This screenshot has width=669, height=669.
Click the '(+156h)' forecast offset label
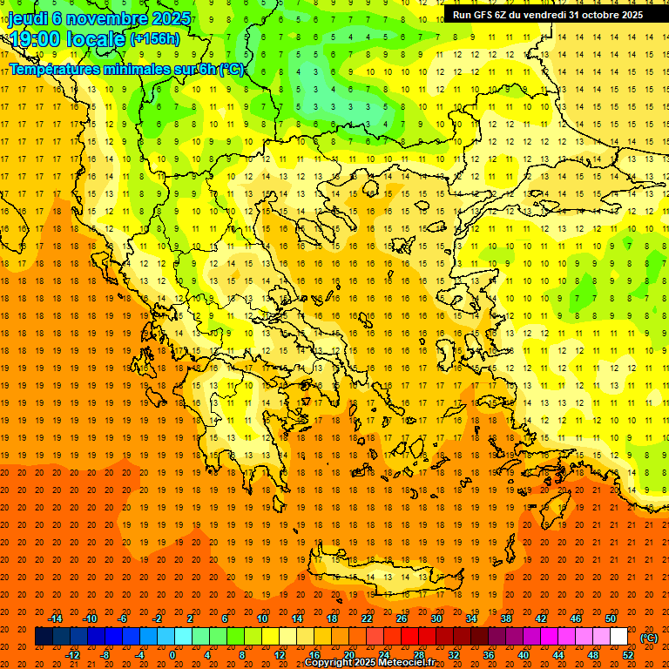click(x=155, y=39)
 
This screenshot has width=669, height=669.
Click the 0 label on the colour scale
click(x=172, y=655)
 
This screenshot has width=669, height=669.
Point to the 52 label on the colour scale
click(x=628, y=655)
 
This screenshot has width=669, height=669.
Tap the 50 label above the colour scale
click(x=611, y=618)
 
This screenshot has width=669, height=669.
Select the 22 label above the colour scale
click(x=366, y=618)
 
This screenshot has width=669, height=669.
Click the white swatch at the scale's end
click(x=619, y=637)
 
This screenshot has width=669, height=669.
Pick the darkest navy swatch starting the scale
click(x=44, y=637)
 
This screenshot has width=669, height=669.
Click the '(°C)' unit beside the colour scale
click(x=649, y=638)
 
